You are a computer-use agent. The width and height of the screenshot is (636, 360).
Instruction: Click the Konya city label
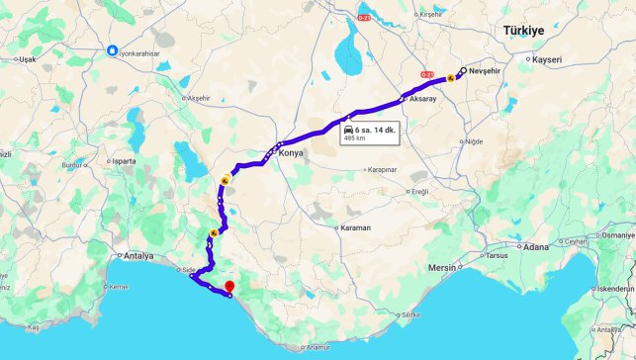tap(291, 153)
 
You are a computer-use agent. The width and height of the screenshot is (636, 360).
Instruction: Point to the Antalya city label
tap(138, 256)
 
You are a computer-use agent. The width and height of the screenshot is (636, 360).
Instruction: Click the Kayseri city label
tap(545, 59)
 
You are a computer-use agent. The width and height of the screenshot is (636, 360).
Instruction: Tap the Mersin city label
tap(442, 268)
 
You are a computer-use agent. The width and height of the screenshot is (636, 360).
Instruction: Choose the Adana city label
tap(537, 245)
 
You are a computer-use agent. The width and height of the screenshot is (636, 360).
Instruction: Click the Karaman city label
tap(355, 228)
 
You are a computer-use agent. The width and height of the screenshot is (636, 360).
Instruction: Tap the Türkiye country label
tap(524, 32)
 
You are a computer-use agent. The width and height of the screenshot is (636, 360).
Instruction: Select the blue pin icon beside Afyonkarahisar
tap(113, 49)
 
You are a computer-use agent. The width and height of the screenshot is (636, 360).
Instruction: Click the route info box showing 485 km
tap(371, 134)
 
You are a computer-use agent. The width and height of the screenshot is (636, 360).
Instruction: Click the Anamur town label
tap(318, 347)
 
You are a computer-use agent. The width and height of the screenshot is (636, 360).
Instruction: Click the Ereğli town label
tap(419, 191)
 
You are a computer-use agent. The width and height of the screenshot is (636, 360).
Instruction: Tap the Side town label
tap(185, 268)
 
